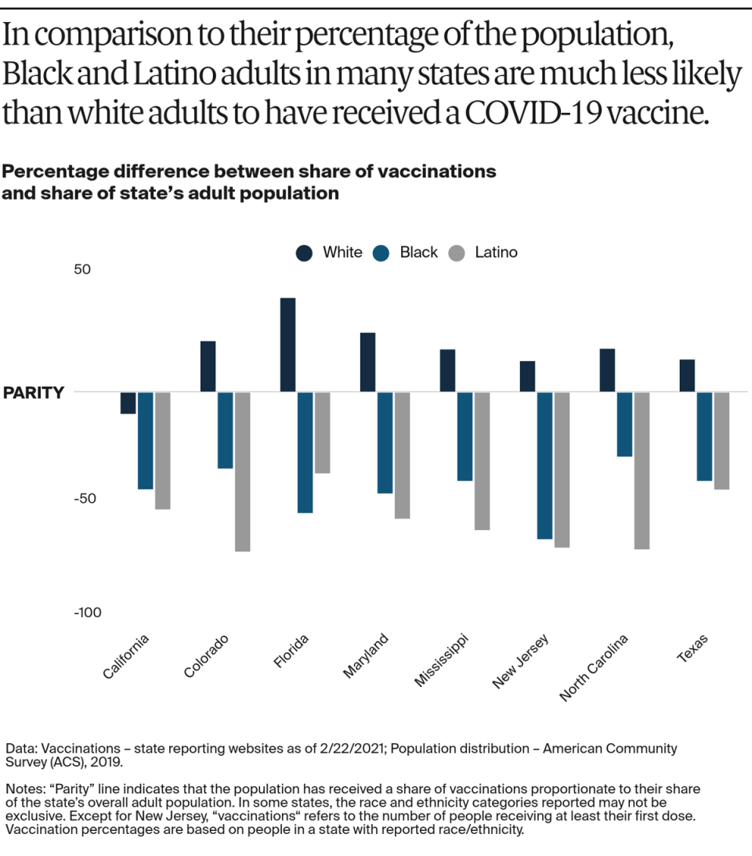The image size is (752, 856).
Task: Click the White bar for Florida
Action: (287, 345)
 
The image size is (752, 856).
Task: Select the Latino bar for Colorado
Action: (243, 471)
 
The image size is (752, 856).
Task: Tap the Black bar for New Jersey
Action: (545, 465)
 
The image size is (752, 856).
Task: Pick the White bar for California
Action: (128, 403)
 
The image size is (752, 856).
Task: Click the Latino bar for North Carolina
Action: (642, 470)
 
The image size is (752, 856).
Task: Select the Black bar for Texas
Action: (705, 436)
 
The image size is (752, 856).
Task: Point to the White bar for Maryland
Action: (367, 362)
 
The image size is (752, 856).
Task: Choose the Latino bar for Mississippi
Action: (482, 461)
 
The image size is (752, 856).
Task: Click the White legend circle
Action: (304, 253)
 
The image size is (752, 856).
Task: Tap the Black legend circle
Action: (381, 253)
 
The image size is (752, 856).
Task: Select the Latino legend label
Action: (496, 252)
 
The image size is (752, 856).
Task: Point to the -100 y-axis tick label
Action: (88, 612)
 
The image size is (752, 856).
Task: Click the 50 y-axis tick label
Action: (83, 269)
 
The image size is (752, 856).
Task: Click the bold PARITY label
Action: (33, 392)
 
